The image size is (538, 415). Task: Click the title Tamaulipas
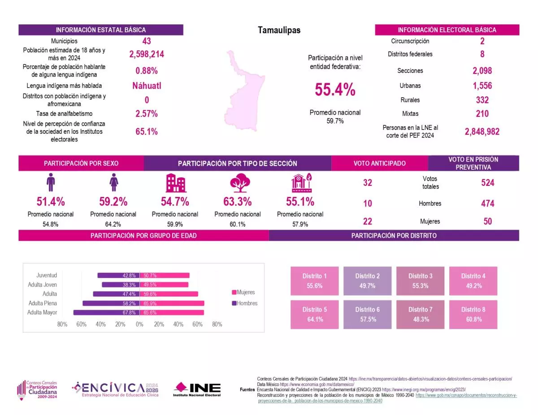(x=279, y=30)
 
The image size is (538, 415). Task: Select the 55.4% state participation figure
(x=335, y=90)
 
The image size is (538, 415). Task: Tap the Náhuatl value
(x=147, y=86)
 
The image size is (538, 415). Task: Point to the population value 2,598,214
(x=147, y=54)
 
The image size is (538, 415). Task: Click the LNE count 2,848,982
(x=482, y=131)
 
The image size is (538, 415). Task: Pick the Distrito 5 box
(x=315, y=314)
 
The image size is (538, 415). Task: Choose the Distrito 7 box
(x=421, y=314)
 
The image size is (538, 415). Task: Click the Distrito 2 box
(x=368, y=281)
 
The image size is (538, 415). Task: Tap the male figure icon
(x=51, y=183)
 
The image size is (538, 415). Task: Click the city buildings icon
(x=175, y=183)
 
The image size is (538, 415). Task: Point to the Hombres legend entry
(x=244, y=303)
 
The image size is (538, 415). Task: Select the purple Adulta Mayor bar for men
(x=106, y=312)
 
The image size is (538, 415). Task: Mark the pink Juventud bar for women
(x=164, y=275)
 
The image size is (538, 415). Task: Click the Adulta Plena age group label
(x=43, y=303)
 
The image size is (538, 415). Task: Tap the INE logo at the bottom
(x=197, y=389)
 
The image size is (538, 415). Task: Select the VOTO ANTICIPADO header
(x=379, y=163)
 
